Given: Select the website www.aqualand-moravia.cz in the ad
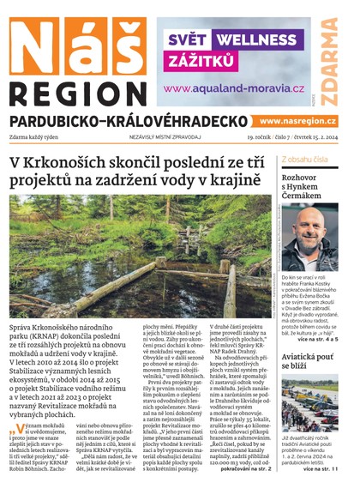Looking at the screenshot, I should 232,88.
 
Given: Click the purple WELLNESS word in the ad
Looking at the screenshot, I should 261,39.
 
